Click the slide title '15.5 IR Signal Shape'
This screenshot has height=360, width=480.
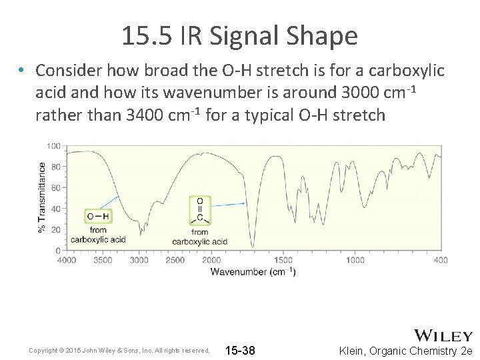[x=239, y=36]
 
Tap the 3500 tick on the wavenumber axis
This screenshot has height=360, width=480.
[x=103, y=260]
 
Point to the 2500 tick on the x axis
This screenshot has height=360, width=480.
[x=175, y=260]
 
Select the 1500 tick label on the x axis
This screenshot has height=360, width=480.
[x=283, y=260]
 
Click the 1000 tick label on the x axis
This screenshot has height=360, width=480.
[x=355, y=260]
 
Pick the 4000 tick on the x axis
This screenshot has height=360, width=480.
[x=66, y=260]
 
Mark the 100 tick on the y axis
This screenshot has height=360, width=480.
[x=54, y=146]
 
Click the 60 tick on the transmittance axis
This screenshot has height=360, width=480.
[x=56, y=188]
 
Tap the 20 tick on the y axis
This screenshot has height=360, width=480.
[x=56, y=229]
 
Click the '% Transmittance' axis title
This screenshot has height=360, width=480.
[x=42, y=197]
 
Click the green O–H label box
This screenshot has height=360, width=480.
[x=98, y=216]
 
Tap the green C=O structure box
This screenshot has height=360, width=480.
[x=200, y=210]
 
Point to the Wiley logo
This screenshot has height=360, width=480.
[x=443, y=335]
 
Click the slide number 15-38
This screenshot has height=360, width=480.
[x=240, y=351]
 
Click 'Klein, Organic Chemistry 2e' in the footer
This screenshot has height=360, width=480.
[x=405, y=351]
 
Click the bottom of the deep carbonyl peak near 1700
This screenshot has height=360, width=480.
[x=253, y=246]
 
